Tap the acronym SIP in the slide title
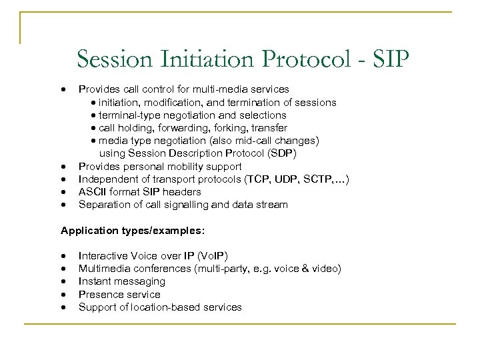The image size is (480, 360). tap(390, 59)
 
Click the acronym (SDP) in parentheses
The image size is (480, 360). tap(281, 153)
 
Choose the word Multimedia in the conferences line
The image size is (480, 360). tap(104, 269)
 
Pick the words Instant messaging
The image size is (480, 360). tap(121, 281)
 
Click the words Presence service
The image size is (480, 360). tap(119, 294)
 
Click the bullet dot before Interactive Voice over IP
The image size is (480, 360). tap(63, 256)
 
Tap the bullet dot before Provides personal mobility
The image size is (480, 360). tap(63, 167)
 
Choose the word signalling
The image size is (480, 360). tap(187, 205)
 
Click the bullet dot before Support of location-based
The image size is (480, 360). tap(63, 307)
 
